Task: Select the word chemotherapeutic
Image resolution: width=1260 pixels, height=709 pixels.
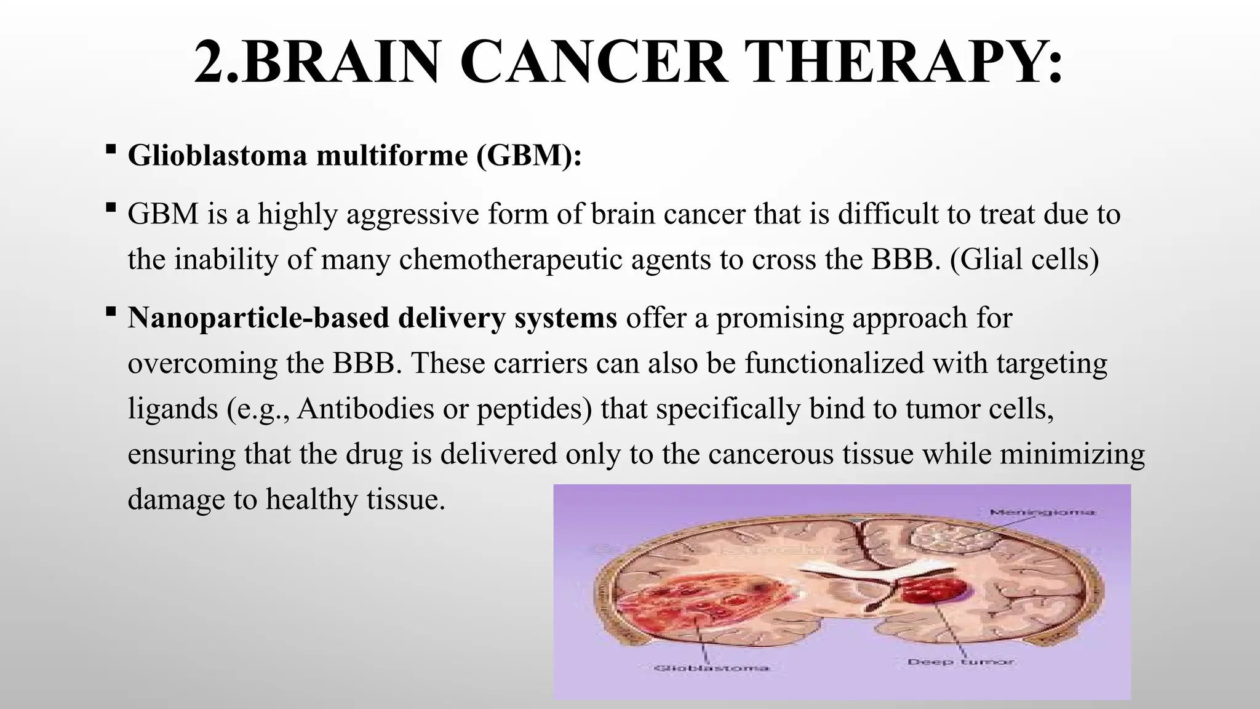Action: pos(511,260)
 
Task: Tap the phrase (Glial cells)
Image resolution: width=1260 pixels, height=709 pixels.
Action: pos(1024,260)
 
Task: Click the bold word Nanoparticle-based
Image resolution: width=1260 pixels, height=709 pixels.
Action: pos(258,318)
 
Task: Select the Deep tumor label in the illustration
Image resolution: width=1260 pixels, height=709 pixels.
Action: pos(960,662)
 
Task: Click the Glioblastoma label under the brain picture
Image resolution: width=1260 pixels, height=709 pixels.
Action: pos(710,668)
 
